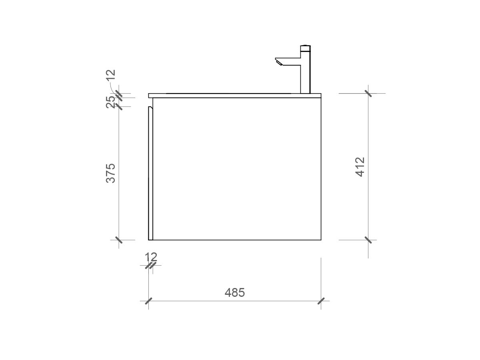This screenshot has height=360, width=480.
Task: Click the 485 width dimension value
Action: click(234, 293)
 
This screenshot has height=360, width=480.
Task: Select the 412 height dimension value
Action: click(360, 167)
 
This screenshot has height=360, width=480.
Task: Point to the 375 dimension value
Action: click(110, 173)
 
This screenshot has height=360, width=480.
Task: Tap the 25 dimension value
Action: click(111, 102)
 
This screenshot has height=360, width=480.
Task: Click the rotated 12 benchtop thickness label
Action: click(111, 75)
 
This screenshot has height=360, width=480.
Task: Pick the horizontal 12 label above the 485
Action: click(151, 256)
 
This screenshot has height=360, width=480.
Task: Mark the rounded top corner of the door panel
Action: click(151, 108)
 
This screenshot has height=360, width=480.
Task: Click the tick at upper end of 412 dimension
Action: click(368, 93)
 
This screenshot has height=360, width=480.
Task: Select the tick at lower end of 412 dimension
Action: click(368, 240)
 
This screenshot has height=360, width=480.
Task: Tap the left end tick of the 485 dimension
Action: click(148, 301)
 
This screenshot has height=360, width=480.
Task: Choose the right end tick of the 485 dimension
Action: click(321, 301)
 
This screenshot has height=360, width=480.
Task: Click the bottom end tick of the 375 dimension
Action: click(118, 240)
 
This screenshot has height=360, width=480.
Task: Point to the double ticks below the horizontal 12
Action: click(151, 265)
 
